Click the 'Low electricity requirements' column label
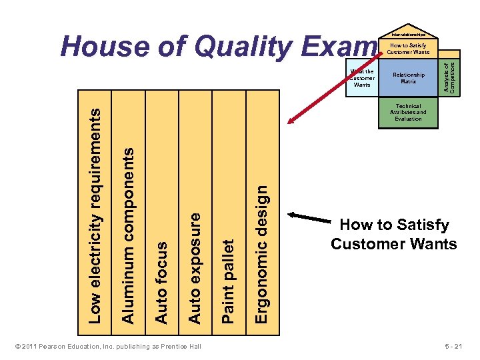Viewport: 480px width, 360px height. point(96,216)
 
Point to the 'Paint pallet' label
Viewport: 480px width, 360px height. point(227,281)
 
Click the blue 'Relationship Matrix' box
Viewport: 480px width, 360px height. point(408,78)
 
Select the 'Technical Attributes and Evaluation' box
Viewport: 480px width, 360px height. point(408,113)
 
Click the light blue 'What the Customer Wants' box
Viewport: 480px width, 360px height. point(362,78)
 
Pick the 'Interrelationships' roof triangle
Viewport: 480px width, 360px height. point(408,34)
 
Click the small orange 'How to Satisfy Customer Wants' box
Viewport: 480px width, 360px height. point(408,49)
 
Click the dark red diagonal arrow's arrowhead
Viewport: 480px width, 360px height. point(291,119)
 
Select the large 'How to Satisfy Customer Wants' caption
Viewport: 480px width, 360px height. point(394,235)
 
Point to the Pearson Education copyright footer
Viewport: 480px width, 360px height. point(107,347)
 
